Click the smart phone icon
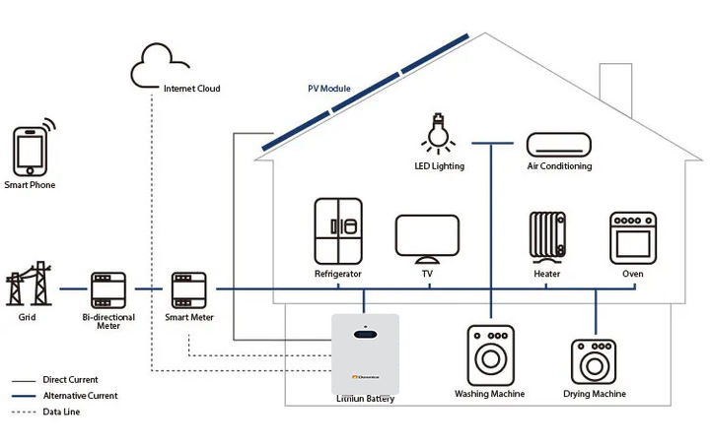pos(31,150)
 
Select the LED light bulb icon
pos(438,133)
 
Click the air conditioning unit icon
pos(559,144)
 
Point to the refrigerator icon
pos(338,230)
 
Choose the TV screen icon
pos(427,236)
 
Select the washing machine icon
pos(489,353)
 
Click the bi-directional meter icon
pos(107,290)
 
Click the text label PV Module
pos(329,89)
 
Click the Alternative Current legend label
pos(82,396)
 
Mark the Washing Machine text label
pos(489,394)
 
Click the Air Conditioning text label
pos(559,167)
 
